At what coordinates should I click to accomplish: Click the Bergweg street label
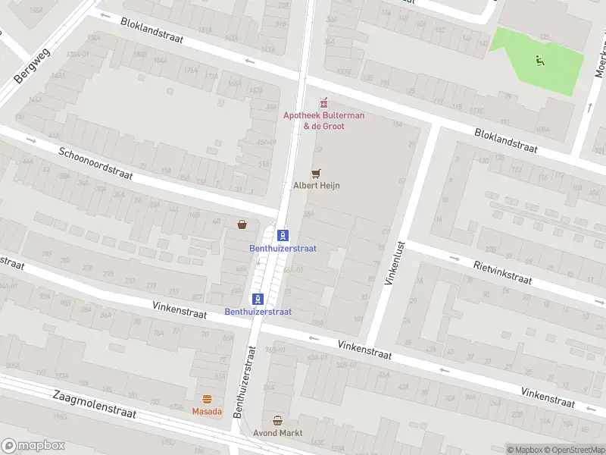(x=32, y=67)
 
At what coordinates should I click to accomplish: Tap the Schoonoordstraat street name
(x=95, y=164)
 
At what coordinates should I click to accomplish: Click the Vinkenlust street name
(x=395, y=262)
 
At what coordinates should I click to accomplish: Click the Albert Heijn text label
(x=316, y=185)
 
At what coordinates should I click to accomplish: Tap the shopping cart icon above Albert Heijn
(x=317, y=174)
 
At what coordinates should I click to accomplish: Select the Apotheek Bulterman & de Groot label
(x=323, y=121)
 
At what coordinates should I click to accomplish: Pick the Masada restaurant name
(x=207, y=411)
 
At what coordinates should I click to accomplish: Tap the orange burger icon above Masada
(x=207, y=399)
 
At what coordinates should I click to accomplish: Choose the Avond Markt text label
(x=277, y=433)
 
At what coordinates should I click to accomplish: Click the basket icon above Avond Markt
(x=277, y=420)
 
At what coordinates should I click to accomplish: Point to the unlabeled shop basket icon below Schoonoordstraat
(x=242, y=224)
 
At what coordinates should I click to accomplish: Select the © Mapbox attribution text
(x=526, y=450)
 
